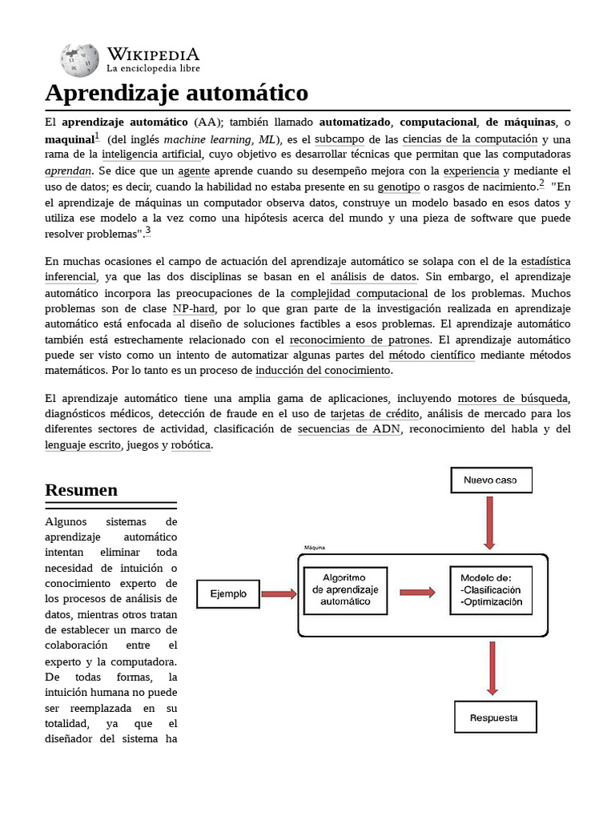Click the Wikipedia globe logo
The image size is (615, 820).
[x=78, y=60]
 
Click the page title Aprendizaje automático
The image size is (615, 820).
[x=176, y=93]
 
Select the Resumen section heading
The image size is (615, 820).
[x=81, y=489]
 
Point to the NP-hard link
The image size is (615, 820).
[x=193, y=308]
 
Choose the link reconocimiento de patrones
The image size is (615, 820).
[x=348, y=340]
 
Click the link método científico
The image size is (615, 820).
[x=432, y=355]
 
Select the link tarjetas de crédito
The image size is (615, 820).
[x=376, y=414]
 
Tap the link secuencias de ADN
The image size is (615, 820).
[x=350, y=429]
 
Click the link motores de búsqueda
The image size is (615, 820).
[x=512, y=399]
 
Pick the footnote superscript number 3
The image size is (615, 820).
[x=147, y=231]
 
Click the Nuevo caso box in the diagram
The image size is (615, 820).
[x=490, y=480]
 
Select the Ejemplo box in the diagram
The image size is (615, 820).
[x=228, y=593]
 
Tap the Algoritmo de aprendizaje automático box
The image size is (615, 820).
[x=345, y=591]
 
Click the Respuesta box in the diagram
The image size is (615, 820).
[x=495, y=717]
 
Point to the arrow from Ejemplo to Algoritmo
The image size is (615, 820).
[x=279, y=593]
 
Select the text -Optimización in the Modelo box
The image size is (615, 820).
[x=496, y=601]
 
